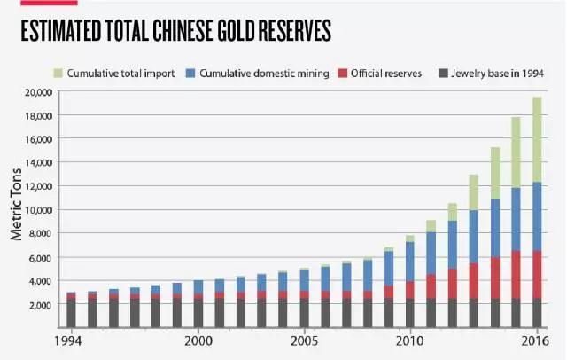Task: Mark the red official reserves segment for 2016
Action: (536, 275)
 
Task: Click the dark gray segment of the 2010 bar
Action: (409, 313)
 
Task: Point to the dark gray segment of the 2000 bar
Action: (198, 313)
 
